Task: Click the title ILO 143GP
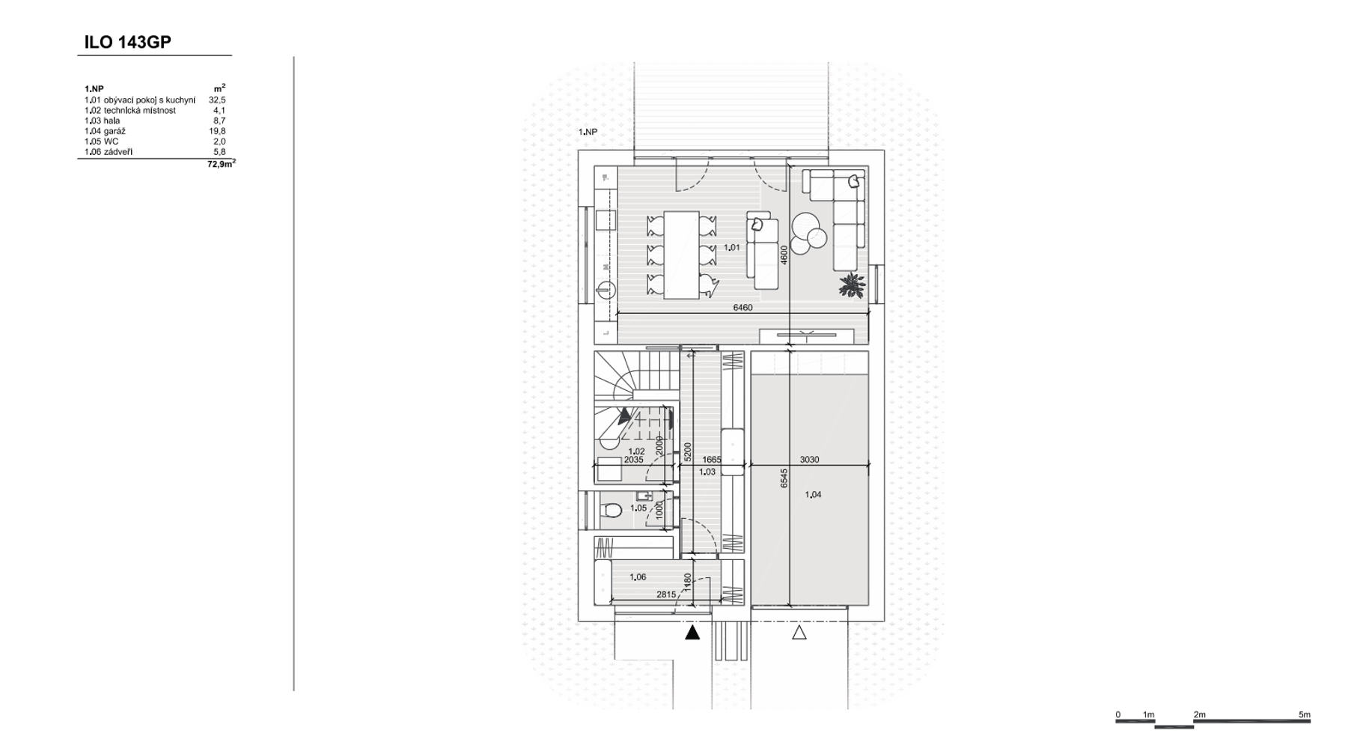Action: click(127, 43)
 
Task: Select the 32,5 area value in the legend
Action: click(217, 100)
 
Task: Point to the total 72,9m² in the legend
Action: click(222, 163)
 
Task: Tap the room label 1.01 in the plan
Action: click(732, 248)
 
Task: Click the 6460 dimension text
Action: click(742, 308)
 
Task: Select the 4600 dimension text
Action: click(784, 255)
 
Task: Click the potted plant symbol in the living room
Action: click(851, 284)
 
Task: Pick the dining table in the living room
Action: click(681, 255)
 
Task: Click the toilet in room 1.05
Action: click(612, 511)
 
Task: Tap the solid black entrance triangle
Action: click(692, 632)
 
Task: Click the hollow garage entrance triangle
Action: click(799, 632)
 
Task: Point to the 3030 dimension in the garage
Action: click(809, 460)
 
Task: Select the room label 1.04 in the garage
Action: click(813, 495)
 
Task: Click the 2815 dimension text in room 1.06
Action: click(666, 595)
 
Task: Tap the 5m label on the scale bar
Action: click(1305, 715)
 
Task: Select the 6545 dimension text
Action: click(784, 478)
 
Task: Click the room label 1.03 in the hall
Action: click(707, 472)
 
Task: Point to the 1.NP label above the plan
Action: click(588, 132)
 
